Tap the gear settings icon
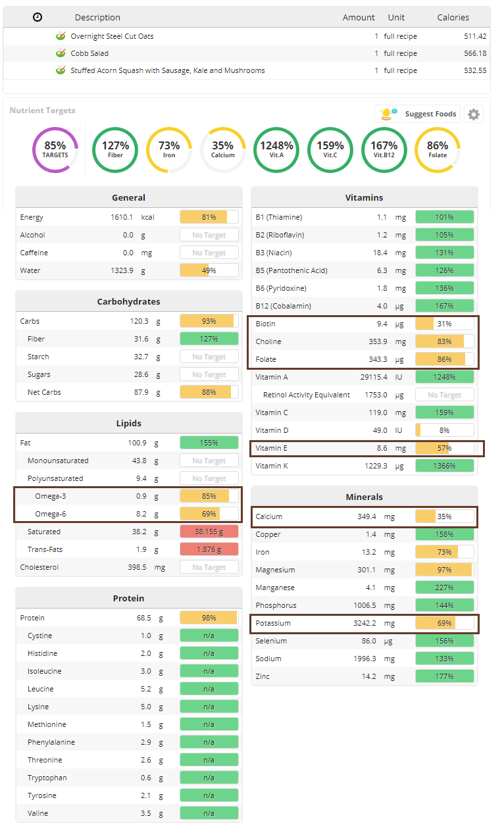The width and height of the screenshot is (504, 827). (474, 114)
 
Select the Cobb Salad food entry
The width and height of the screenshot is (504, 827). (89, 53)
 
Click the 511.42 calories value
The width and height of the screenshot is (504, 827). (475, 36)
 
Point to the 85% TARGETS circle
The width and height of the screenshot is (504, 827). (55, 150)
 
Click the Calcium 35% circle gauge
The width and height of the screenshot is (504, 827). (222, 150)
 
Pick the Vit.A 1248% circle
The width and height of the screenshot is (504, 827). (276, 150)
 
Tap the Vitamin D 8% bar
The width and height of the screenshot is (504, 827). (445, 430)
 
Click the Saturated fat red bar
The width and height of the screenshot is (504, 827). (209, 532)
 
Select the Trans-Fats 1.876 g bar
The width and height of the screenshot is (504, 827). (209, 549)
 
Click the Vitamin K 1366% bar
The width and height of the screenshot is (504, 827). (445, 466)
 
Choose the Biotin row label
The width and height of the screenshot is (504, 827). (266, 324)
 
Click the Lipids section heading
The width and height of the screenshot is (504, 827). (128, 423)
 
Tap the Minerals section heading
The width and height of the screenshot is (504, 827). (364, 497)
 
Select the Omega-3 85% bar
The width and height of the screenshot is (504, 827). (209, 496)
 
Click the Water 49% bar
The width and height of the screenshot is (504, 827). (209, 270)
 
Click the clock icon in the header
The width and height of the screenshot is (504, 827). (38, 17)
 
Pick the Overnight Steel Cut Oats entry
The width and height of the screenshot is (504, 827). (112, 36)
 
